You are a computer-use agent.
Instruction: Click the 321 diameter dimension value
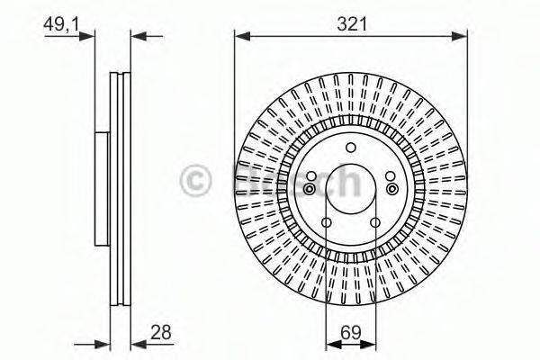pyautogui.click(x=352, y=25)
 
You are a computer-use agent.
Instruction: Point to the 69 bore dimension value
pyautogui.click(x=351, y=333)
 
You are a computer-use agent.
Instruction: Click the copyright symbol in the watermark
pyautogui.click(x=200, y=181)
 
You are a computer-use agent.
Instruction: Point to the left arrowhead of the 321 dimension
pyautogui.click(x=240, y=37)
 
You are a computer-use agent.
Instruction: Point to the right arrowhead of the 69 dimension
pyautogui.click(x=372, y=343)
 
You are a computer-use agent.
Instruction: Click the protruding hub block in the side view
pyautogui.click(x=102, y=188)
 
